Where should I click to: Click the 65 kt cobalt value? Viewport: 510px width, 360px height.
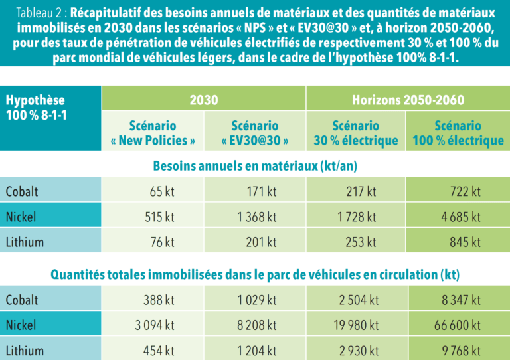(x=161, y=191)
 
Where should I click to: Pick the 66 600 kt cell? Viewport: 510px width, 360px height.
(x=459, y=325)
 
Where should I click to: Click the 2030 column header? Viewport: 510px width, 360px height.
(x=203, y=100)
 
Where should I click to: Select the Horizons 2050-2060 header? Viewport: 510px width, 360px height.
(x=407, y=100)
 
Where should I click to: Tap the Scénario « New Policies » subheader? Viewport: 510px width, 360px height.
(x=153, y=133)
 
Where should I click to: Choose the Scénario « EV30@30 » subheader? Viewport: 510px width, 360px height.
(x=254, y=133)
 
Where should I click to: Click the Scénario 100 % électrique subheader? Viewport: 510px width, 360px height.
(x=458, y=133)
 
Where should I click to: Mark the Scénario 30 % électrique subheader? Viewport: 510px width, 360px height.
(x=356, y=133)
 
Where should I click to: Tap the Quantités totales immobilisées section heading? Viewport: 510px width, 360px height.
(x=255, y=274)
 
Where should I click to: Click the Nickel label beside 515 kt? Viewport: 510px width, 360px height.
(x=22, y=217)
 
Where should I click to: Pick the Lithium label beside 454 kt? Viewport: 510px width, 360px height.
(x=25, y=351)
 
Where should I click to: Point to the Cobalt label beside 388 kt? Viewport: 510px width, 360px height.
(x=22, y=300)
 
